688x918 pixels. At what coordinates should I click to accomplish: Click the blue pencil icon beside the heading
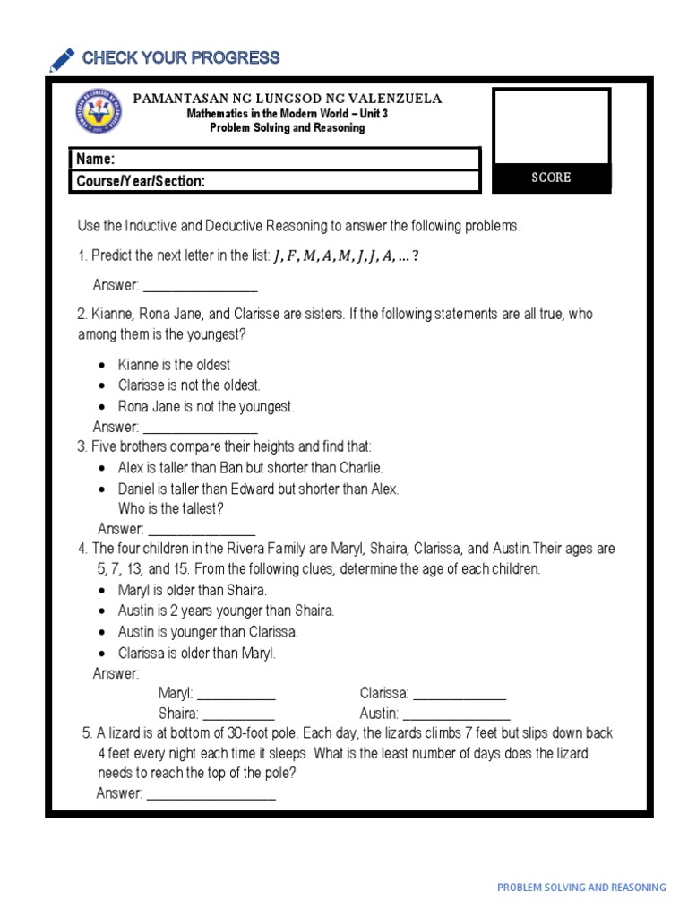63,60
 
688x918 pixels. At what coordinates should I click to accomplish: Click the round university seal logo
99,113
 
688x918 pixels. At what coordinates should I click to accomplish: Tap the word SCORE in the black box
551,178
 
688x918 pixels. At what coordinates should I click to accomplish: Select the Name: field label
96,159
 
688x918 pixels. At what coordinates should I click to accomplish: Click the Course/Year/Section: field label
141,181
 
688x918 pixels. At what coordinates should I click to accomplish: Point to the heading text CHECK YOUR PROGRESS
181,58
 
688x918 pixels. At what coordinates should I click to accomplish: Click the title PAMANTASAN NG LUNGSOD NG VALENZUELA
288,99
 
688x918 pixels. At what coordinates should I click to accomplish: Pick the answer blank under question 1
200,287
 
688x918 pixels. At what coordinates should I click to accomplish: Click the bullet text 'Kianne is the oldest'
174,365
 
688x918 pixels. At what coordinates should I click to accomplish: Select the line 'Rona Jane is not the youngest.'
206,406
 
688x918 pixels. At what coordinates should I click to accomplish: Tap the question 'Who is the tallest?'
171,508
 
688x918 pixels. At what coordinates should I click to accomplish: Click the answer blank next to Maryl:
236,694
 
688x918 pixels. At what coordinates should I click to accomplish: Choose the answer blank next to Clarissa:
460,694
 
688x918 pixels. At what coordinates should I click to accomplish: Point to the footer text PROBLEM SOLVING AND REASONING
581,888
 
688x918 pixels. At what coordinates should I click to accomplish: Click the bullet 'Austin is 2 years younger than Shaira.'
226,611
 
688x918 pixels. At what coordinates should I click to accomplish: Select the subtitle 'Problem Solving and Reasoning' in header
288,128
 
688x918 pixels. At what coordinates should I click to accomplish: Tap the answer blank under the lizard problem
211,794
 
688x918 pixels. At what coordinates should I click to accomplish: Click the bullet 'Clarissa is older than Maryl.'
197,653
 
